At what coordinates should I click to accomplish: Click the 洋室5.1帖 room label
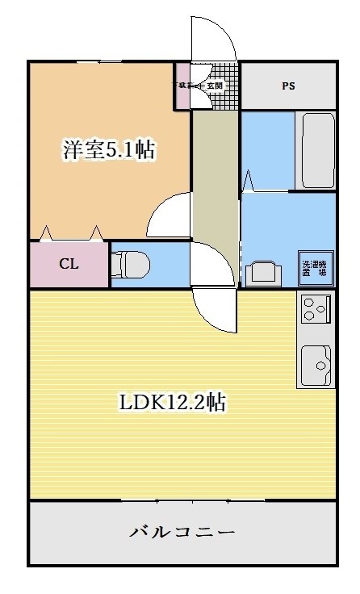click(109, 150)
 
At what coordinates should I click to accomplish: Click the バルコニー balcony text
click(182, 532)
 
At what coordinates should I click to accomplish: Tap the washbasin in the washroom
click(263, 273)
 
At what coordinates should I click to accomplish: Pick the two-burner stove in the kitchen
click(316, 309)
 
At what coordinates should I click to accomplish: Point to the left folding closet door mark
click(46, 233)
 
